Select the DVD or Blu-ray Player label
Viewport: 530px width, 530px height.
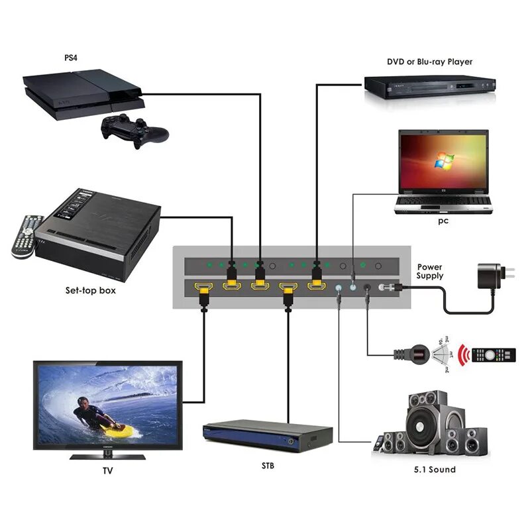[430, 62]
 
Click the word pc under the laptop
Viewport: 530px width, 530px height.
[443, 221]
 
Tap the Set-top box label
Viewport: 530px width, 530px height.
[90, 290]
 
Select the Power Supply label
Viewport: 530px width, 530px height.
[430, 271]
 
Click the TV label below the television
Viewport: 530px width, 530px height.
[107, 470]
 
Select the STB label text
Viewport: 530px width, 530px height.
[268, 466]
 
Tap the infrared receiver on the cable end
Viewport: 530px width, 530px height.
[418, 352]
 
